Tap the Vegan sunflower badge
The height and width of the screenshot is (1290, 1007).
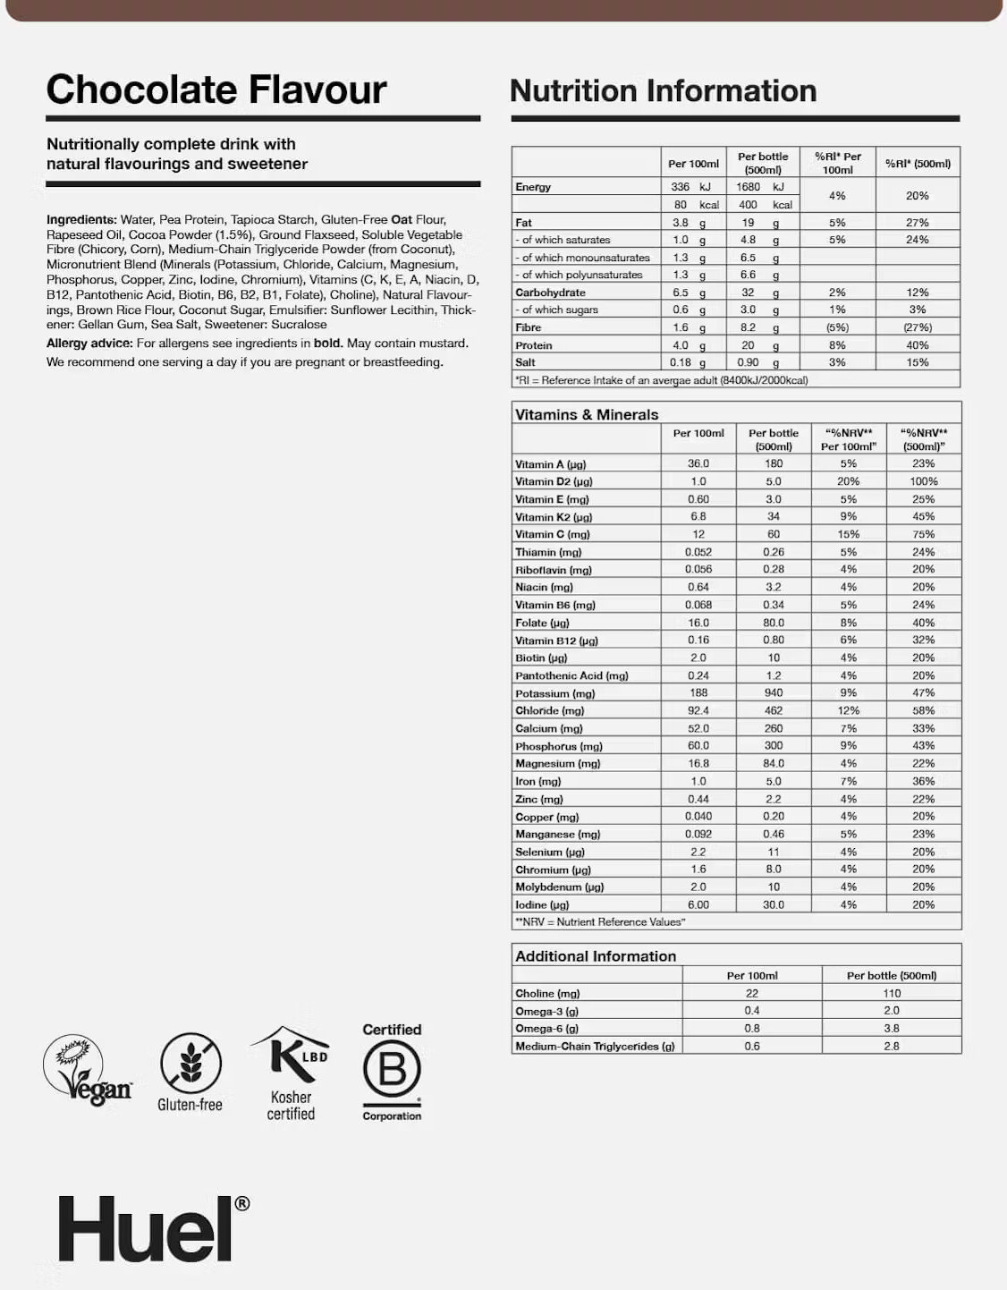[x=87, y=1070]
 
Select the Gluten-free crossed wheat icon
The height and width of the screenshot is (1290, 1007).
[x=190, y=1064]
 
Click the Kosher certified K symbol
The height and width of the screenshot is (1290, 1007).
[x=292, y=1055]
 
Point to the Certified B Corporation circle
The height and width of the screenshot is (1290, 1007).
[x=392, y=1070]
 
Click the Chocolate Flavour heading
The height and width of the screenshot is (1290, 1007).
[x=216, y=89]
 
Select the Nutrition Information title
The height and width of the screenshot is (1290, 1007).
[x=663, y=91]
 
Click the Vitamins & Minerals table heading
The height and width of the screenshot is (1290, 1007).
[x=587, y=414]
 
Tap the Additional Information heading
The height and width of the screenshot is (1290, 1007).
[x=596, y=955]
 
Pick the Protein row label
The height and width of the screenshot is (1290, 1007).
[x=534, y=345]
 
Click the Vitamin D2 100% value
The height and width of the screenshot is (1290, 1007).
[x=923, y=481]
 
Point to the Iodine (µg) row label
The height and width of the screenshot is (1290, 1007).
[x=542, y=904]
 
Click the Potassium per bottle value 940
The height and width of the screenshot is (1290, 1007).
[x=774, y=692]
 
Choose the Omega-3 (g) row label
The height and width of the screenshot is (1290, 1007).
[x=546, y=1011]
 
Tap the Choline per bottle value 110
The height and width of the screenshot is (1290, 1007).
[x=891, y=993]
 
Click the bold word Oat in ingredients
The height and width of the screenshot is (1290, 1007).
[x=402, y=219]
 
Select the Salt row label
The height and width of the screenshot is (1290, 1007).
[x=525, y=362]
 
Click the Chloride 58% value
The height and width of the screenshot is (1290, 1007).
[x=923, y=710]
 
